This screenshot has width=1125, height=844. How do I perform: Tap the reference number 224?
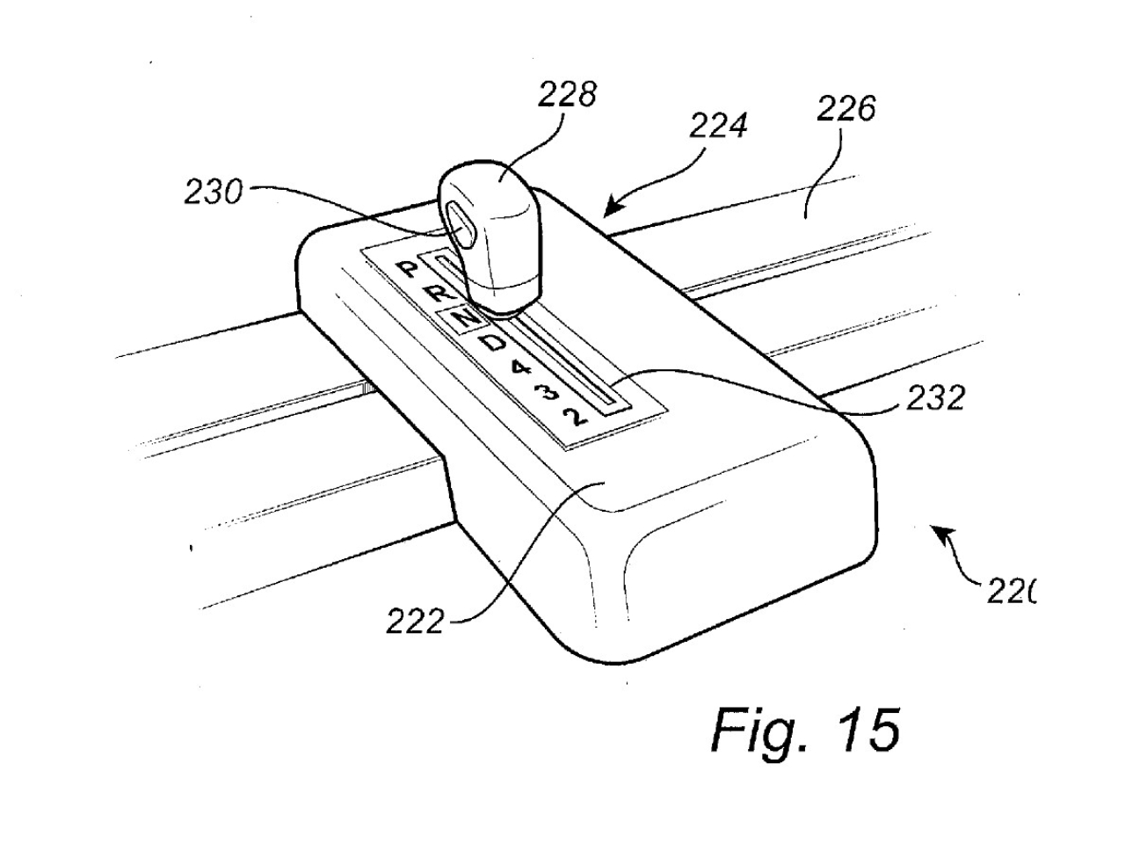(x=717, y=127)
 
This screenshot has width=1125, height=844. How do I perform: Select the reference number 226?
(x=846, y=110)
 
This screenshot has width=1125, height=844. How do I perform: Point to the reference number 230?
(x=212, y=192)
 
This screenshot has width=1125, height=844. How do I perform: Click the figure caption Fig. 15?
(x=805, y=729)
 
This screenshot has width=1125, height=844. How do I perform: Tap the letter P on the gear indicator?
(x=406, y=270)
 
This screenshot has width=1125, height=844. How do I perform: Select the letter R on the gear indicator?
(x=437, y=294)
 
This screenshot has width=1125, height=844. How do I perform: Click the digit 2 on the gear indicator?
(x=575, y=415)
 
